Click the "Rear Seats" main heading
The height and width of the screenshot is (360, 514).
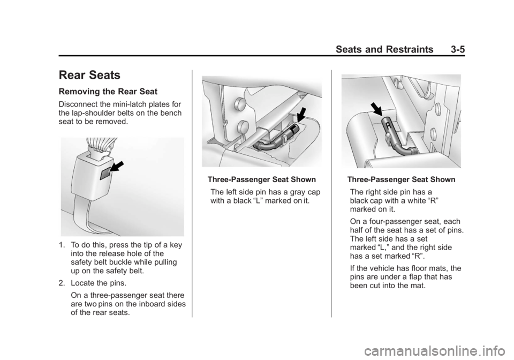89,75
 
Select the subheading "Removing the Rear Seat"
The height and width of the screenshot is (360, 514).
108,92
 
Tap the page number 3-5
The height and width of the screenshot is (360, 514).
458,49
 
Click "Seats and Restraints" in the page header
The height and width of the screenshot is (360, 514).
384,49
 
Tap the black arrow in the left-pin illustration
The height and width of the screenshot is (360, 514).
302,116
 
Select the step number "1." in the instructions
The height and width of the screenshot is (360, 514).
62,245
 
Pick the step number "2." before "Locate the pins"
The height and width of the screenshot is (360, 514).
62,283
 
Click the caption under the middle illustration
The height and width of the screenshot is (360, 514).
262,179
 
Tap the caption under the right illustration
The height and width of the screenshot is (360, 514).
401,179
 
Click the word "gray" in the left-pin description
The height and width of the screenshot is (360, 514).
296,192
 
